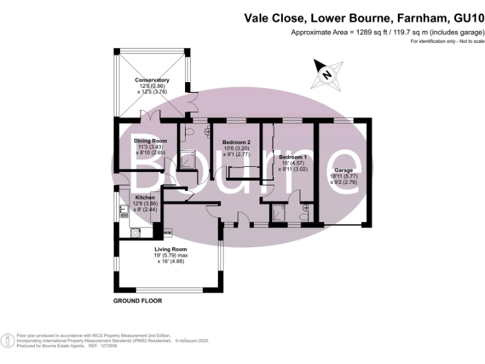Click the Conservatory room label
[152, 80]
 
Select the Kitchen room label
[145, 197]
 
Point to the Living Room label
[171, 250]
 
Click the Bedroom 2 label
[237, 142]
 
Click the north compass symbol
[326, 73]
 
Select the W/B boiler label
[167, 234]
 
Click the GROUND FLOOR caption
[138, 301]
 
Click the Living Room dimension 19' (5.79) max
[173, 255]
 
